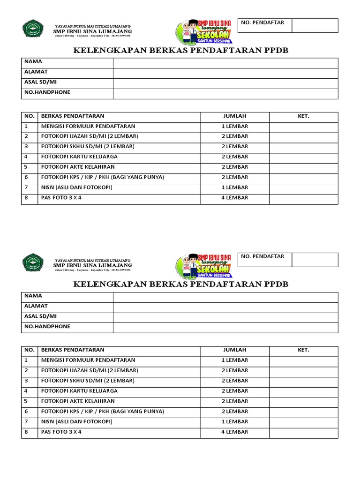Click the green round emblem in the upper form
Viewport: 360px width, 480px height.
(x=33, y=29)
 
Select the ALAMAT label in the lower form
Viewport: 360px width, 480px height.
(x=36, y=306)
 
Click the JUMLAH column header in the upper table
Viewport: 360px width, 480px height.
(x=235, y=116)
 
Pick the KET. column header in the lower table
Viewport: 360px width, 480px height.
(x=303, y=350)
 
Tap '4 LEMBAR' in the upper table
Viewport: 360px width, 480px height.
(x=235, y=198)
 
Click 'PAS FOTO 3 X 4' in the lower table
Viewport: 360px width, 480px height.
(x=61, y=432)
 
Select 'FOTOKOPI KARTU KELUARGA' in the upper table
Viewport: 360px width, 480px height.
(x=79, y=157)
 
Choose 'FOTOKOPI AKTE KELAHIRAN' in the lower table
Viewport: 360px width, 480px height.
(x=78, y=401)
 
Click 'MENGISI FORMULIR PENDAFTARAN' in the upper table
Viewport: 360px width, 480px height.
(x=88, y=126)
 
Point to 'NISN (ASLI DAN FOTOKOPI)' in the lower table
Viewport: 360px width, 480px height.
(x=77, y=422)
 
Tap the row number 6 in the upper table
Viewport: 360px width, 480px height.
(x=27, y=177)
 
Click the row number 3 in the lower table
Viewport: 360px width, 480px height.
(x=27, y=381)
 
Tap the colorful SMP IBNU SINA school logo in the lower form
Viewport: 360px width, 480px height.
(x=204, y=265)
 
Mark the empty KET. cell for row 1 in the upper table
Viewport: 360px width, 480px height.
(x=303, y=127)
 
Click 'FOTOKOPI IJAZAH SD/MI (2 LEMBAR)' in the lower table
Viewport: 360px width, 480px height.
(x=90, y=370)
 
